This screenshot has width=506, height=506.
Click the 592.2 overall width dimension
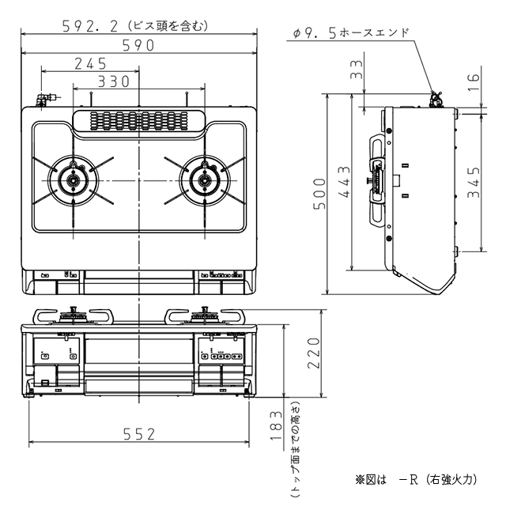(x=90, y=26)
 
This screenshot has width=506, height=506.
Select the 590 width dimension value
(x=138, y=46)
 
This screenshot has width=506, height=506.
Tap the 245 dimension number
(x=90, y=64)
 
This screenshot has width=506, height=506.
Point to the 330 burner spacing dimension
(x=114, y=81)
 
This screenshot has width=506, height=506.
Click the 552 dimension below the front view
(x=139, y=434)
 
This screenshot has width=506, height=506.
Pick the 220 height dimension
(x=313, y=353)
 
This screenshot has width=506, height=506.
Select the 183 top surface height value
(x=276, y=425)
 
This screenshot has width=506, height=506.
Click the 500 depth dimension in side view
(x=319, y=194)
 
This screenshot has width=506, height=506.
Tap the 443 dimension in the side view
(x=345, y=182)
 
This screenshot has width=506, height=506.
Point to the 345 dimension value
(x=474, y=182)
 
